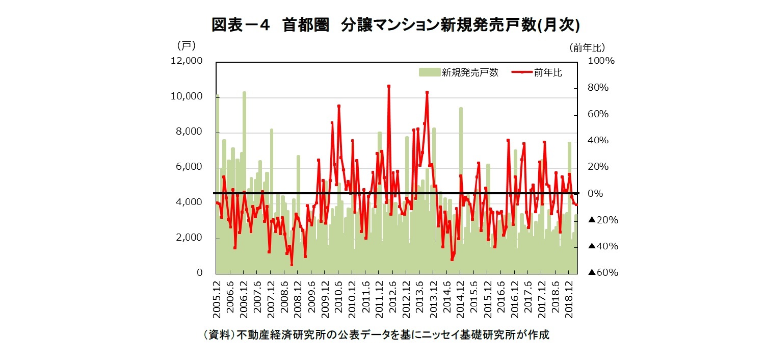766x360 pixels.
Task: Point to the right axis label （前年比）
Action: (587, 47)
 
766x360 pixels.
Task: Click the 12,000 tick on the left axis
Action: (187, 61)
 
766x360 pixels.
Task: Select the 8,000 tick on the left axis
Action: (190, 132)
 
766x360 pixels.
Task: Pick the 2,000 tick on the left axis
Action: (190, 238)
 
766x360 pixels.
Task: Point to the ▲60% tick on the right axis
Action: (602, 273)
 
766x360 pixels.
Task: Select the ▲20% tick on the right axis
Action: (602, 220)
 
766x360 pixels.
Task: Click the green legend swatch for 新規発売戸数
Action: (429, 72)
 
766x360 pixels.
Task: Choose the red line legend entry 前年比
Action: (535, 72)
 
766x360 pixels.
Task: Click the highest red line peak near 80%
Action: (388, 86)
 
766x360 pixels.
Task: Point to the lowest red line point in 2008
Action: (292, 264)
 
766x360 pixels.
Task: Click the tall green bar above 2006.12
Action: (245, 153)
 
